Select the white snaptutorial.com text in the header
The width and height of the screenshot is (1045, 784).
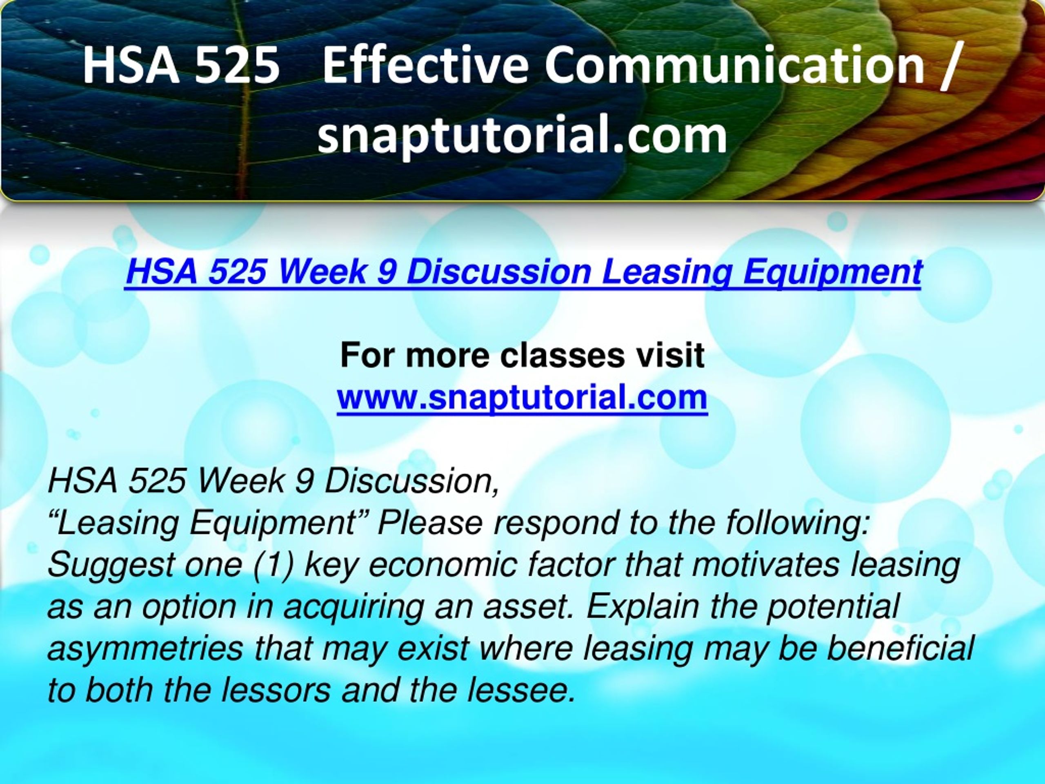(x=522, y=135)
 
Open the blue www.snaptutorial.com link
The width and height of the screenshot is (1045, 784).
(x=522, y=397)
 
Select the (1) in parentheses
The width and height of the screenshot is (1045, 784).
(x=273, y=566)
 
